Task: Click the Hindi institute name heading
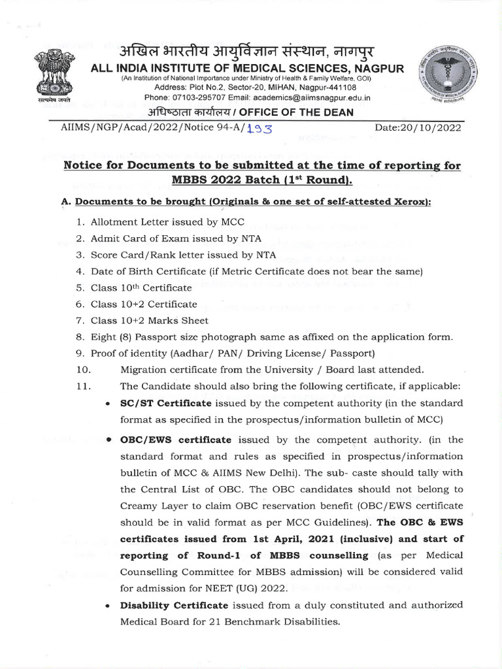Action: pos(252,52)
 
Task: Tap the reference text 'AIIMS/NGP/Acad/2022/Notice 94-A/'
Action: pos(152,128)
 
